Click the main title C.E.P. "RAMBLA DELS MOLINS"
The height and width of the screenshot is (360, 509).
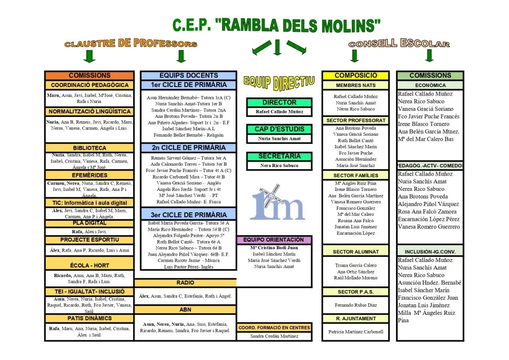pyautogui.click(x=277, y=24)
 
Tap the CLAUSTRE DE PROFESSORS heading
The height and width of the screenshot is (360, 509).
pyautogui.click(x=131, y=44)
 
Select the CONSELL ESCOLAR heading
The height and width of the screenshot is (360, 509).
pyautogui.click(x=399, y=44)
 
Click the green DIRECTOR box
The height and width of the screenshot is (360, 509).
pyautogui.click(x=279, y=102)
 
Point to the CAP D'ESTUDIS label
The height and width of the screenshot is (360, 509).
pyautogui.click(x=279, y=129)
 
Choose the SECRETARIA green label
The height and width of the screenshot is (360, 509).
pyautogui.click(x=279, y=156)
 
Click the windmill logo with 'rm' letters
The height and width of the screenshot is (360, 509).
pyautogui.click(x=277, y=201)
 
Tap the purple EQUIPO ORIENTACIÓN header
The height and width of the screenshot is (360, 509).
pyautogui.click(x=274, y=240)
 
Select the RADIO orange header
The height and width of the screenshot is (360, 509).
pyautogui.click(x=185, y=282)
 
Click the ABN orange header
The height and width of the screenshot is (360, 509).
pyautogui.click(x=185, y=309)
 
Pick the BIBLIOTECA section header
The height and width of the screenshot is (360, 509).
pyautogui.click(x=89, y=148)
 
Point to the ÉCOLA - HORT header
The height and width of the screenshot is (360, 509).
pyautogui.click(x=89, y=266)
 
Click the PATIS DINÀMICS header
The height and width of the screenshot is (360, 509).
pyautogui.click(x=89, y=318)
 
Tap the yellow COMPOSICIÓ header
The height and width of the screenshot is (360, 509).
pyautogui.click(x=355, y=76)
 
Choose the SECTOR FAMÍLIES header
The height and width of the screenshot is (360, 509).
pyautogui.click(x=355, y=175)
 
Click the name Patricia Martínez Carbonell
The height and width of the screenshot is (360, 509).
pyautogui.click(x=356, y=332)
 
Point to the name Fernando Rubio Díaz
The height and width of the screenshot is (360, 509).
pyautogui.click(x=355, y=305)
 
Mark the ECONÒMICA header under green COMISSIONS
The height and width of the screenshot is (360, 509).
pyautogui.click(x=430, y=85)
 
